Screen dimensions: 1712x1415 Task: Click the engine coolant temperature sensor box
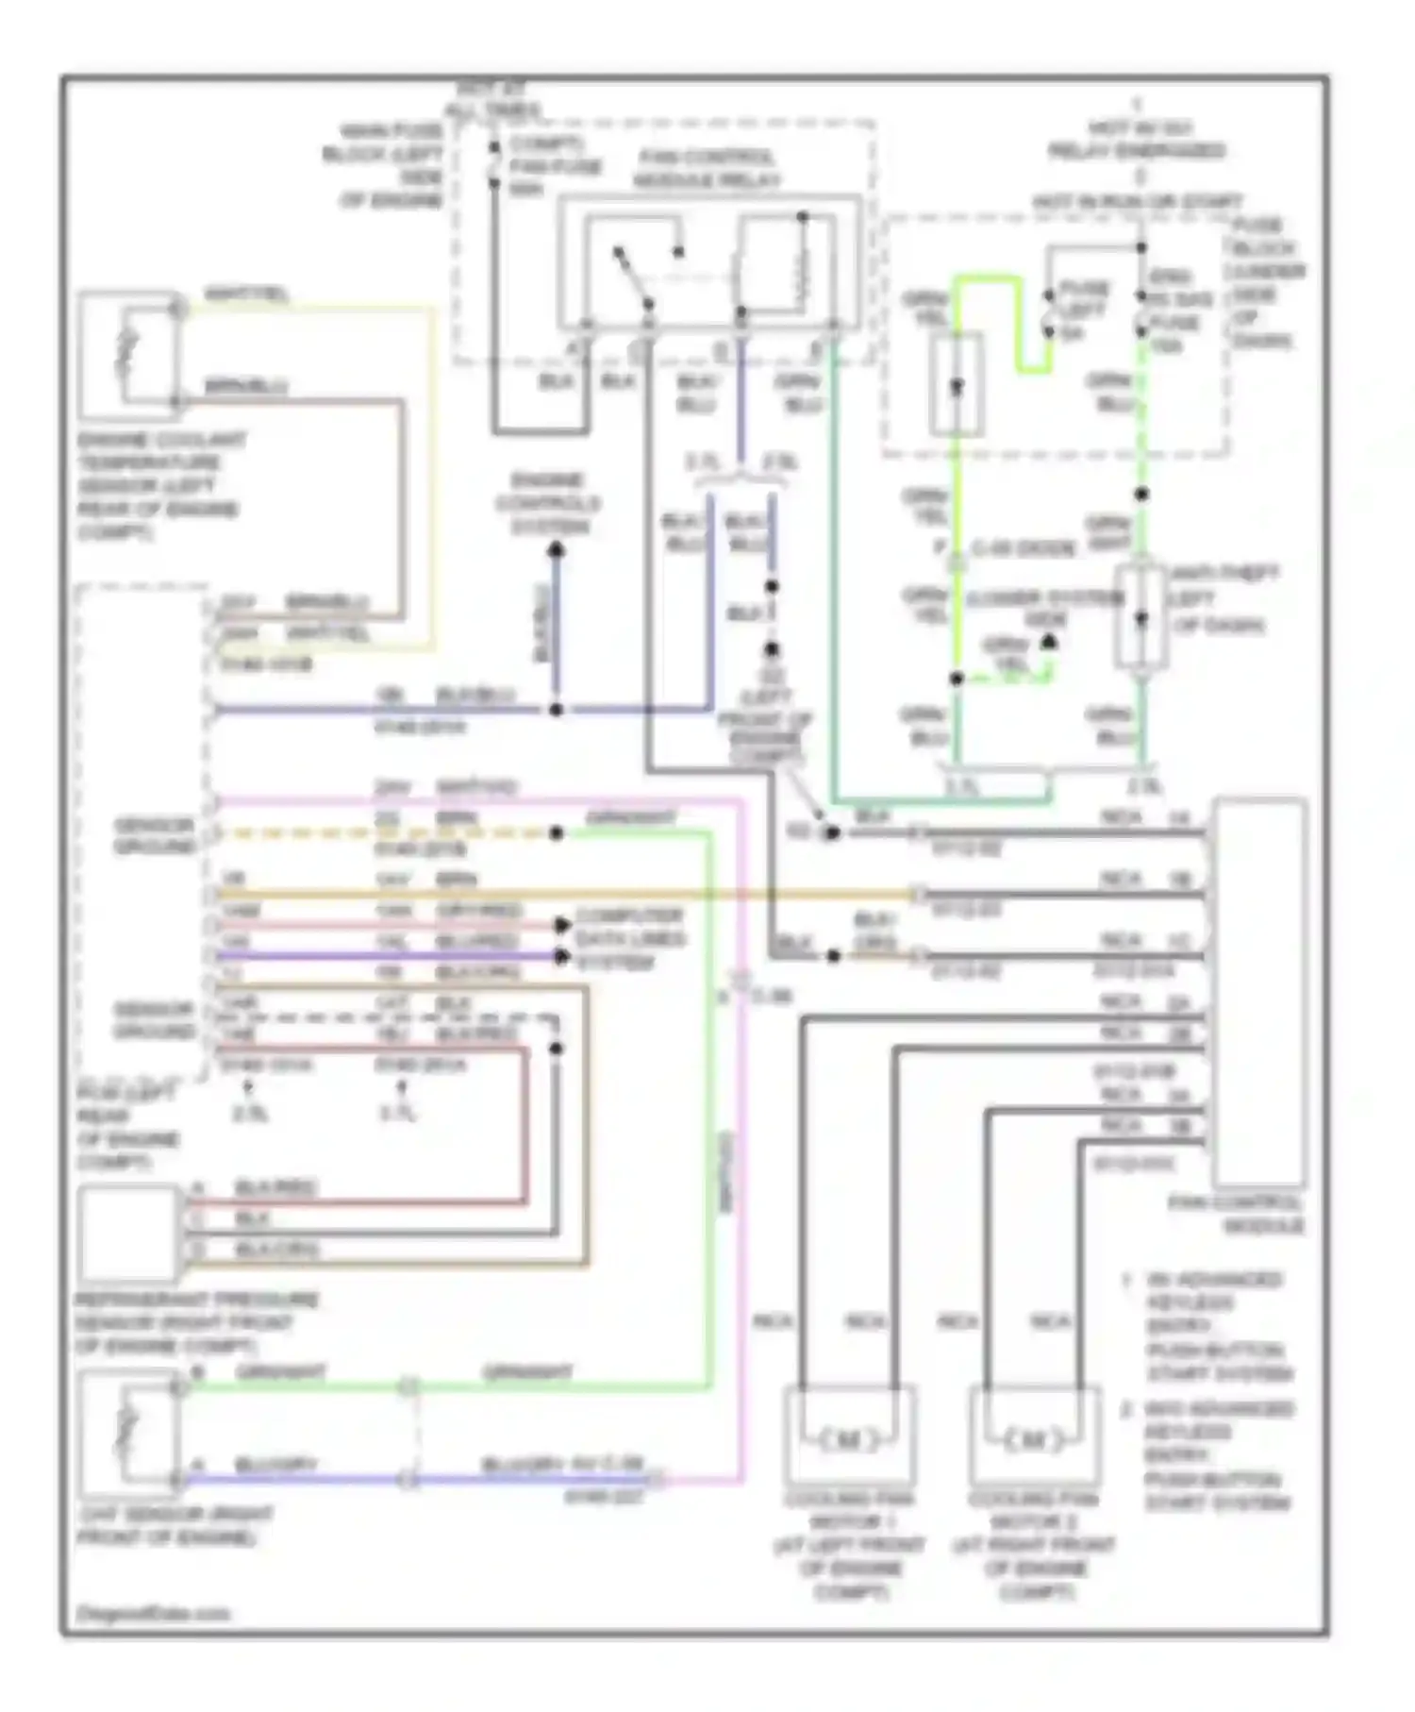[128, 356]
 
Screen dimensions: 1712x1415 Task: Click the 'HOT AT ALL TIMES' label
[491, 100]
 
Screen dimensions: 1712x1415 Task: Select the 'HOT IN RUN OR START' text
[1137, 202]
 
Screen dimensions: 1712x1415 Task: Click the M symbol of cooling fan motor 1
[847, 1440]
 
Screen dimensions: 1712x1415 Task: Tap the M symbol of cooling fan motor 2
[1033, 1440]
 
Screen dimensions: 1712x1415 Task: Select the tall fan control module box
[1258, 991]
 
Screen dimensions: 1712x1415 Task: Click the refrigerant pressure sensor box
[128, 1233]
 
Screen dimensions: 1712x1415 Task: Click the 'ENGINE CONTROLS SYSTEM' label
[548, 503]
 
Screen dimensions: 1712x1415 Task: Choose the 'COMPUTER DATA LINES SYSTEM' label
[630, 939]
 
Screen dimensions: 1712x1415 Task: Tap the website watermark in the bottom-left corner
[153, 1613]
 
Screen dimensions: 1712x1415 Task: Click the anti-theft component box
[1141, 618]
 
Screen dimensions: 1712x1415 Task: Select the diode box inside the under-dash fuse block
[957, 385]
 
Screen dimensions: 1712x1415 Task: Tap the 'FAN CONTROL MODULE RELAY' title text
[706, 168]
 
